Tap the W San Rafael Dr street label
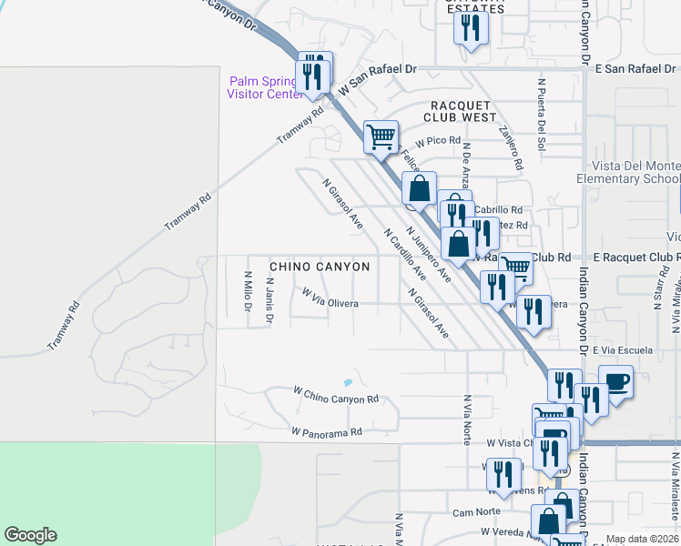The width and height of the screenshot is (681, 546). click(x=377, y=80)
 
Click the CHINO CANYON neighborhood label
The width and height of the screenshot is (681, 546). click(x=320, y=267)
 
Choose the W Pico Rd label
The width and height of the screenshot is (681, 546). click(x=439, y=141)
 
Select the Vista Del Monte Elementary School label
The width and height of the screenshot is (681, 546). click(x=628, y=173)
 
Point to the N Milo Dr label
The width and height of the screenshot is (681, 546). click(x=247, y=289)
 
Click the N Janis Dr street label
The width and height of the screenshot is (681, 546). click(x=269, y=301)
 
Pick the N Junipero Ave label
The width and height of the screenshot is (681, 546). click(x=429, y=254)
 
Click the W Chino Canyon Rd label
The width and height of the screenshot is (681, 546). click(x=335, y=395)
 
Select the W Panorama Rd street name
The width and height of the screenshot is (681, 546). click(x=327, y=430)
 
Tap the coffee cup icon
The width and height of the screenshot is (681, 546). click(x=615, y=380)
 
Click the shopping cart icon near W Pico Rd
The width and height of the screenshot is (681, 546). click(x=381, y=137)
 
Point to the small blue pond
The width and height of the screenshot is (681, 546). click(x=346, y=382)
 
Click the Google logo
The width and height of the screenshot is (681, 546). click(x=30, y=535)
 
